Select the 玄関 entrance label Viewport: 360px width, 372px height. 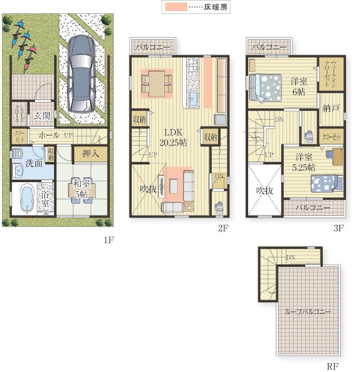(41, 116)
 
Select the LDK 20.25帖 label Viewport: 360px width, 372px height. (171, 137)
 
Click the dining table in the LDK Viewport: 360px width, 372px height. (157, 84)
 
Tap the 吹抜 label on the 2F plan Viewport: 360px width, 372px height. (148, 189)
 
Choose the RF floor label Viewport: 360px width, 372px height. (332, 366)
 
